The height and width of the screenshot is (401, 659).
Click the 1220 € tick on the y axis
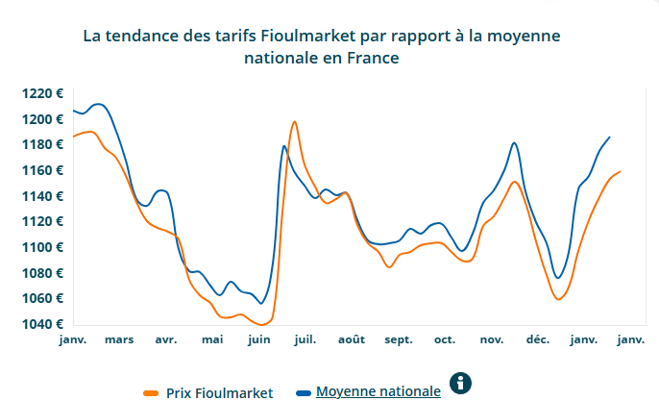point(43,93)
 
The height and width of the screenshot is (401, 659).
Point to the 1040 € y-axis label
point(43,323)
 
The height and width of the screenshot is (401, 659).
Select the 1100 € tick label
point(43,247)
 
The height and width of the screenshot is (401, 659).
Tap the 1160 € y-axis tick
point(43,170)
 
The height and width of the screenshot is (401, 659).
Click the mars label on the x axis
point(119,339)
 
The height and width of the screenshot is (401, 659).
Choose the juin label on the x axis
point(258,339)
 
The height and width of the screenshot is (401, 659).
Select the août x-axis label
point(352,339)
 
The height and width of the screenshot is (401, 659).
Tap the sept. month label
point(398,339)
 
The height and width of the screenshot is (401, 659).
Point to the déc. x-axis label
point(537,339)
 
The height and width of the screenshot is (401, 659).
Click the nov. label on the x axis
point(491,339)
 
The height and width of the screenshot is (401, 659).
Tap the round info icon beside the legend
point(462,384)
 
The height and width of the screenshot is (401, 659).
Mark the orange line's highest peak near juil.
point(294,122)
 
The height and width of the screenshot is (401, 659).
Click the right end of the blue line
point(609,137)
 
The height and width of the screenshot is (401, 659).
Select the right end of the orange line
point(620,171)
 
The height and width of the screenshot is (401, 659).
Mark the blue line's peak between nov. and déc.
point(515,142)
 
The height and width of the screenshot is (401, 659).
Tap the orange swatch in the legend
point(151,392)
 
